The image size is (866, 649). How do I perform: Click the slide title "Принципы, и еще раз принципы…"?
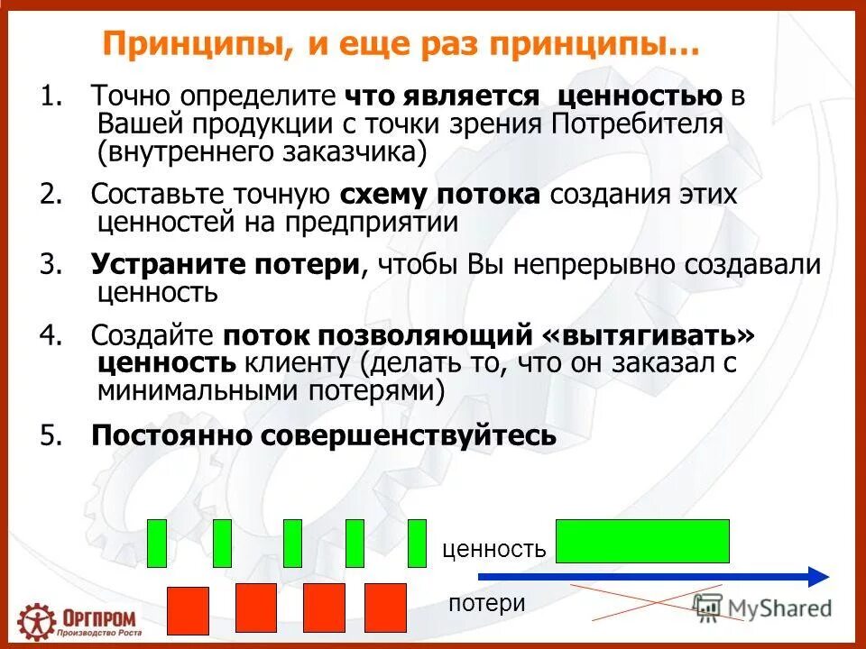pos(401,44)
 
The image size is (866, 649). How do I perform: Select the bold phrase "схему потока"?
pos(440,195)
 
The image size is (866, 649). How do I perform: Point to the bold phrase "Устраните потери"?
pos(226,265)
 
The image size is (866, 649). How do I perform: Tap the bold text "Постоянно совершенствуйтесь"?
pos(324,435)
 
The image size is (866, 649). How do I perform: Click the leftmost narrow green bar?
pos(157,543)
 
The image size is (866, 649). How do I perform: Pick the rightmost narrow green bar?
pos(417,543)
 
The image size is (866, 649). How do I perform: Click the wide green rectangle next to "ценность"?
pos(642,541)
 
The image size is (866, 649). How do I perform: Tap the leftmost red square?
pos(188,609)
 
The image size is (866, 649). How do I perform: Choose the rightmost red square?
pos(385,607)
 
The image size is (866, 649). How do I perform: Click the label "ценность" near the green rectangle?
pos(493,548)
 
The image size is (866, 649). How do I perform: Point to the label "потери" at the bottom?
pos(486,603)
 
